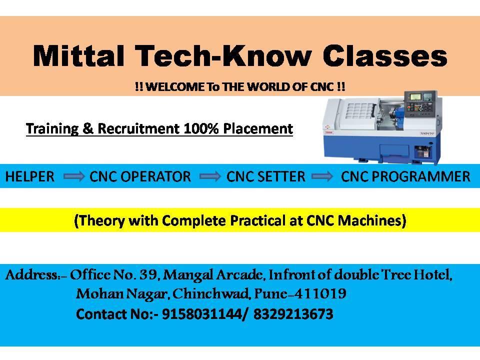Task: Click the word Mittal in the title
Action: pyautogui.click(x=78, y=55)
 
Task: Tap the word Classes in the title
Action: pyautogui.click(x=385, y=55)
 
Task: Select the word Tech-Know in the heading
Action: pyautogui.click(x=223, y=55)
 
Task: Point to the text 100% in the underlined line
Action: pyautogui.click(x=201, y=128)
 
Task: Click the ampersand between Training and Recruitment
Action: pyautogui.click(x=88, y=128)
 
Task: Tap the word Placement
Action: pyautogui.click(x=258, y=128)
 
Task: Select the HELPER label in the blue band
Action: pyautogui.click(x=30, y=176)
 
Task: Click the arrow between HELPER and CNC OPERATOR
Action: pyautogui.click(x=74, y=176)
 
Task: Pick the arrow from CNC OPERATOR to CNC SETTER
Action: pyautogui.click(x=209, y=176)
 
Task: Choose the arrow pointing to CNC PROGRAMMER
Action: pyautogui.click(x=322, y=176)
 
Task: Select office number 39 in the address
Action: pyautogui.click(x=148, y=274)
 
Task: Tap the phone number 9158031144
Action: pyautogui.click(x=201, y=314)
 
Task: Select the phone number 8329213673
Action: pyautogui.click(x=293, y=314)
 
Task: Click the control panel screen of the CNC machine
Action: pyautogui.click(x=415, y=97)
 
